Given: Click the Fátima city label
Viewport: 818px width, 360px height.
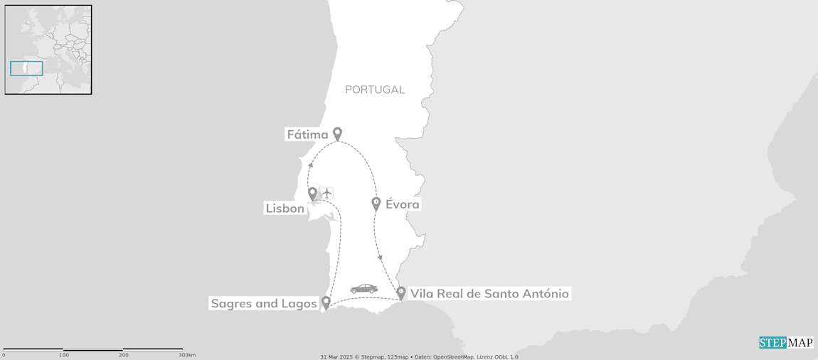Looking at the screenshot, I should coord(307,134).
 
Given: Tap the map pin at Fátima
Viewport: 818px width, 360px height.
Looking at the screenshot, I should coord(338,133).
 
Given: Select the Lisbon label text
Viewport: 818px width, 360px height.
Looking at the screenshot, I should coord(285,208).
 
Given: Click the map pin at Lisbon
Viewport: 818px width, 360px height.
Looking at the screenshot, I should coord(312,193).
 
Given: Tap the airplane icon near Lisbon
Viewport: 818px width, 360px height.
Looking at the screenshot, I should coord(326,193).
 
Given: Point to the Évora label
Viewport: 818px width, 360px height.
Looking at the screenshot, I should coord(403,205).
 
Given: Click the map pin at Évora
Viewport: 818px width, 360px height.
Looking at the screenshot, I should coord(377,203).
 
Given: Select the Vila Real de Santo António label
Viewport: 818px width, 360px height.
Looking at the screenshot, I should coord(489,293).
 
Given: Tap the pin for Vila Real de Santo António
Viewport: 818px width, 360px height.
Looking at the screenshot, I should coord(401,292).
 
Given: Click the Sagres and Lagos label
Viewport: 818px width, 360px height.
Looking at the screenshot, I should coord(263,304).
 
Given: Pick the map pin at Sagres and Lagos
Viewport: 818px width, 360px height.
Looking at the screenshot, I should coord(326,302).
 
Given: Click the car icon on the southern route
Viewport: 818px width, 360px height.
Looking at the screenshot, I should coord(363,289).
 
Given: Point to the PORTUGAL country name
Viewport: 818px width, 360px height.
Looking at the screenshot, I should coord(375,90).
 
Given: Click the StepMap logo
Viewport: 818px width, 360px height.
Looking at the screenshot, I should coord(785,342).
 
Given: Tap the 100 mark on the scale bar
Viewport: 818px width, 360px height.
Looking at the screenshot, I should coord(64,354).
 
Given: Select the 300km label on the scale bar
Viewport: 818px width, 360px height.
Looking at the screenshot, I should coord(187,354).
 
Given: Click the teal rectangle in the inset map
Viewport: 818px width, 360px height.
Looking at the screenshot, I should coord(26,68).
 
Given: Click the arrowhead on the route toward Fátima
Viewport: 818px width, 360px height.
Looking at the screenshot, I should coord(311,164).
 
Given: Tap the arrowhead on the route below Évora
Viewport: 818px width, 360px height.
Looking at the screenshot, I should coord(379,257).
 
